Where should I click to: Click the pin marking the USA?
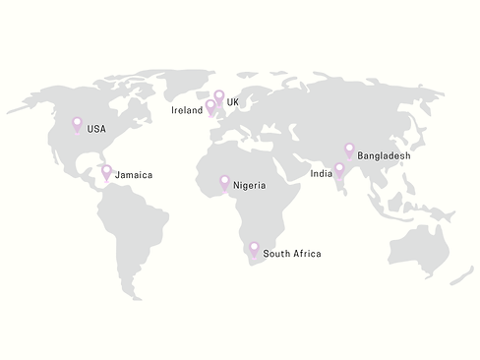point(78,125)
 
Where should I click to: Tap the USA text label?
point(95,129)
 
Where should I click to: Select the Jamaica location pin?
point(106,171)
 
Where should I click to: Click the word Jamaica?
point(134,175)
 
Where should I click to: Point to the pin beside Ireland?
point(210,106)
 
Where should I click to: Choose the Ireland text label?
point(187,111)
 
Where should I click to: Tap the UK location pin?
point(218,96)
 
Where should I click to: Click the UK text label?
point(233,102)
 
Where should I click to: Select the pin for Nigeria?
point(224,181)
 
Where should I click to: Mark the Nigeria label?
point(249,184)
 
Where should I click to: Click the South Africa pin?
point(254,249)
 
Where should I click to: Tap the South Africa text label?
point(292,254)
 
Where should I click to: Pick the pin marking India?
point(339,169)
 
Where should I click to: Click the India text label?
point(321,173)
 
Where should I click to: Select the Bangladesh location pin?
point(349,150)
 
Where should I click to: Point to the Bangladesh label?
point(384,155)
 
